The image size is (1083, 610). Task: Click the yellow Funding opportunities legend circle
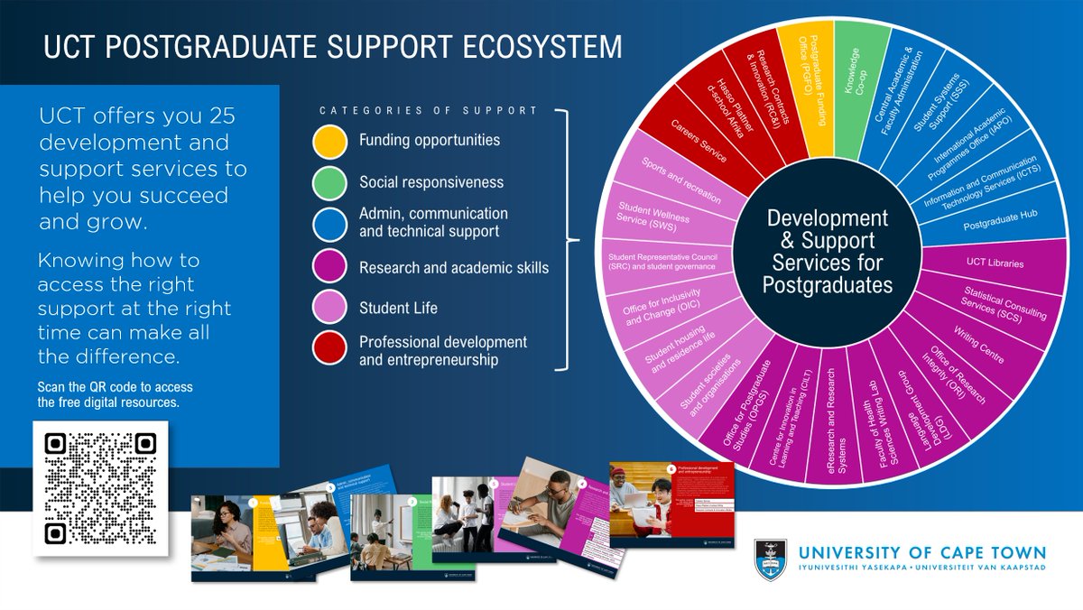[x=330, y=142]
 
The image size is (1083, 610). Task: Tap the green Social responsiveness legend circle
[x=330, y=183]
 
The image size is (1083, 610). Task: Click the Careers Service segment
[x=696, y=140]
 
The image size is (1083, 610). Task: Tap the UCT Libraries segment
[x=987, y=263]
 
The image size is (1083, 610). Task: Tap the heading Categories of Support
[x=428, y=111]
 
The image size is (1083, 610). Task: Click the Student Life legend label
[x=398, y=308]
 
